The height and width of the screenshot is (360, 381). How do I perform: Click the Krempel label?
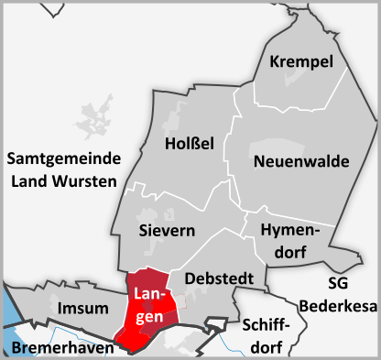click(301, 61)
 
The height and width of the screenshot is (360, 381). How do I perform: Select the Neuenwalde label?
click(301, 161)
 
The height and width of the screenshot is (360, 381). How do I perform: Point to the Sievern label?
click(166, 230)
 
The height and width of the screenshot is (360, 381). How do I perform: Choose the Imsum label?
click(81, 307)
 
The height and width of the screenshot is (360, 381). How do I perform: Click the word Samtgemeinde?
click(62, 159)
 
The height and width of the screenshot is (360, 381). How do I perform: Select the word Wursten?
click(86, 180)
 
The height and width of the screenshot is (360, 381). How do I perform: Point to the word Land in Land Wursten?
click(28, 180)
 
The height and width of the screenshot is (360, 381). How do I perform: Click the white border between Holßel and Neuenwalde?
click(228, 156)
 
